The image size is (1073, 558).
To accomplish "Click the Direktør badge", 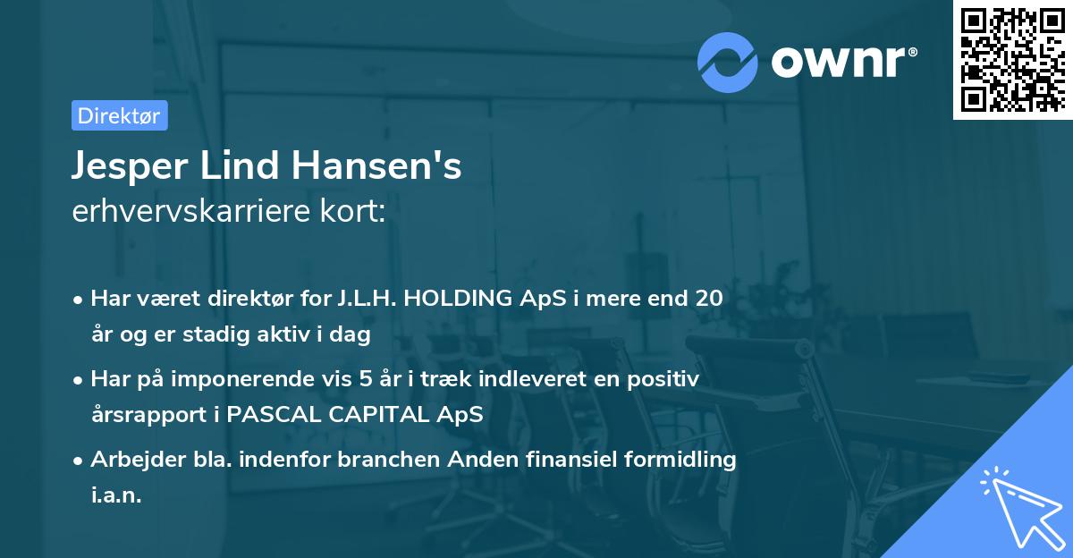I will (119, 115).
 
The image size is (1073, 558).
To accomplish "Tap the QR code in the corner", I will (1011, 59).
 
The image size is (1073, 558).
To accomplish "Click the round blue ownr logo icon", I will (728, 62).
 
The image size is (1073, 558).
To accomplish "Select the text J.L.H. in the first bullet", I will (366, 299).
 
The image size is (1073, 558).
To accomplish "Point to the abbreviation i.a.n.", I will (116, 495).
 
